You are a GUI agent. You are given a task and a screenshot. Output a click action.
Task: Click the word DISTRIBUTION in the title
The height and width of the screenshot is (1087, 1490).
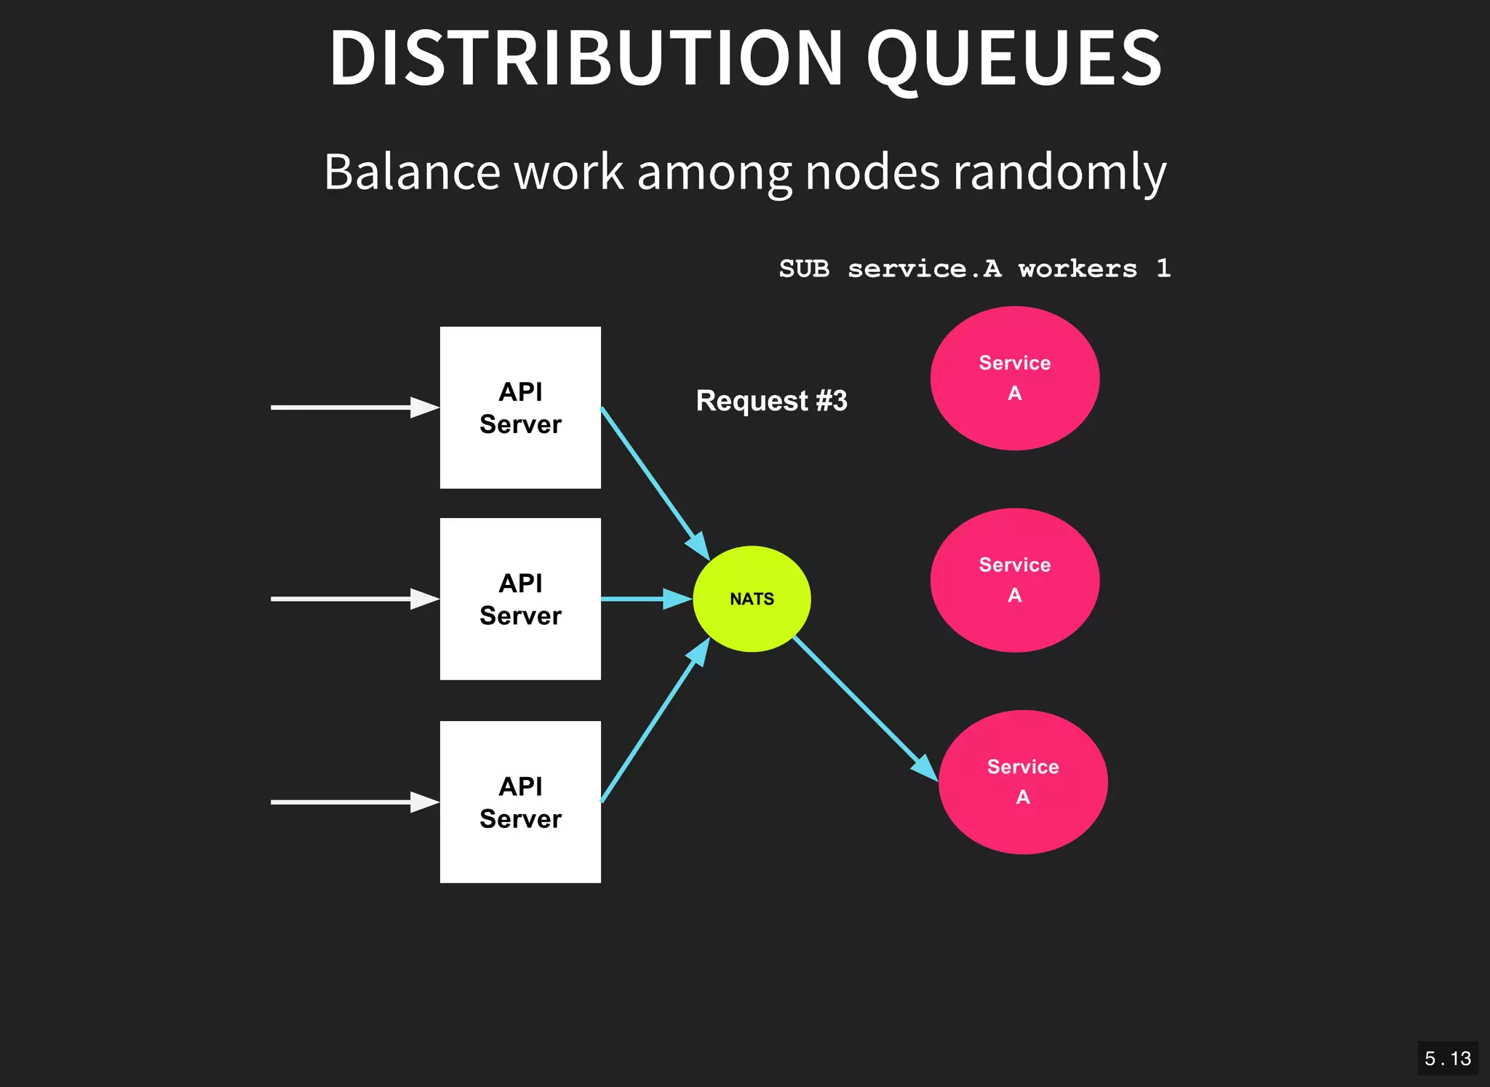click(x=586, y=58)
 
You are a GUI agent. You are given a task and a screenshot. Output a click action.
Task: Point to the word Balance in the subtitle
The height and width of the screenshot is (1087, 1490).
click(x=412, y=172)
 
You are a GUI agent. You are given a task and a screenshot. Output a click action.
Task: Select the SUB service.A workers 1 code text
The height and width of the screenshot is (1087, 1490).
click(x=974, y=268)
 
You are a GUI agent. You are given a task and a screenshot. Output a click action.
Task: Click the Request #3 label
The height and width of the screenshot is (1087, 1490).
click(x=771, y=401)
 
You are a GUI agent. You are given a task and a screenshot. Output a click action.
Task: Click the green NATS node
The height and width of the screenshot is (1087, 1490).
click(x=752, y=599)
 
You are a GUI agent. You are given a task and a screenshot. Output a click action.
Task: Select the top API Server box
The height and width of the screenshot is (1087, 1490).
click(x=520, y=407)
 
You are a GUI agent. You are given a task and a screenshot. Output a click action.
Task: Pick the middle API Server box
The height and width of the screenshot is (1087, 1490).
click(x=520, y=599)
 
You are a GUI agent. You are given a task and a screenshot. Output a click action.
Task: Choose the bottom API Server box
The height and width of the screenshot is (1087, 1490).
click(x=520, y=802)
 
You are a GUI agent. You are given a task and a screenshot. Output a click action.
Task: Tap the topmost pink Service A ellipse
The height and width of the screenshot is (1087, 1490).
click(x=1014, y=378)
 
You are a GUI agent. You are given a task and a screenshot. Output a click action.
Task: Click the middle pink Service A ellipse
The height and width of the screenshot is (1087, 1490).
click(x=1014, y=580)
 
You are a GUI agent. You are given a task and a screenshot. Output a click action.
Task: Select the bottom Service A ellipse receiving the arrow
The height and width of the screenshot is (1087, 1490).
click(x=1022, y=782)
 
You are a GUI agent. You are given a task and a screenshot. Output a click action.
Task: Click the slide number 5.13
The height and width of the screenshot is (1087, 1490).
click(x=1447, y=1059)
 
